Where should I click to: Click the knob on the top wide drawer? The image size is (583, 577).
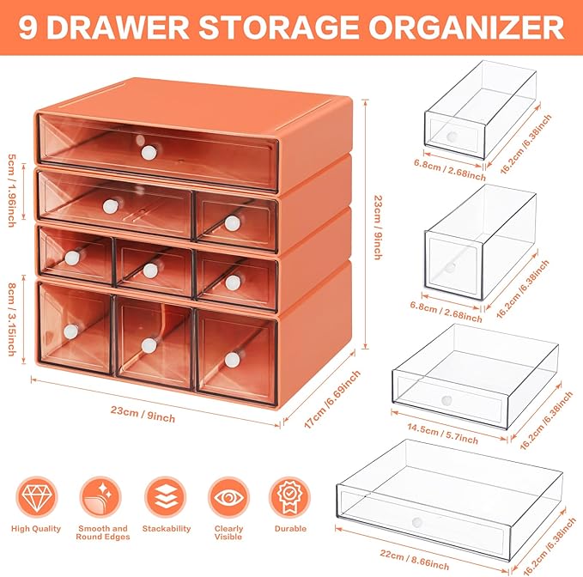tap(149, 152)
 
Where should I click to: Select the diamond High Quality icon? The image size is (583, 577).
tap(37, 497)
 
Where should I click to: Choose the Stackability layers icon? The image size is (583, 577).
tap(166, 497)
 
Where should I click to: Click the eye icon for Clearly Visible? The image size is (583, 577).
tap(229, 497)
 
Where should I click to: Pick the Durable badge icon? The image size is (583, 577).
tap(290, 497)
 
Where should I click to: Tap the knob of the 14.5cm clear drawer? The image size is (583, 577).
tap(446, 399)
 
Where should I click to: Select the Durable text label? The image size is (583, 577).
tap(290, 529)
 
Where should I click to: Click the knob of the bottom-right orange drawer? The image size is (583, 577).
tap(233, 359)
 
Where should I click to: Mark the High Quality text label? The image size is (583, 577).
tap(37, 529)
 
